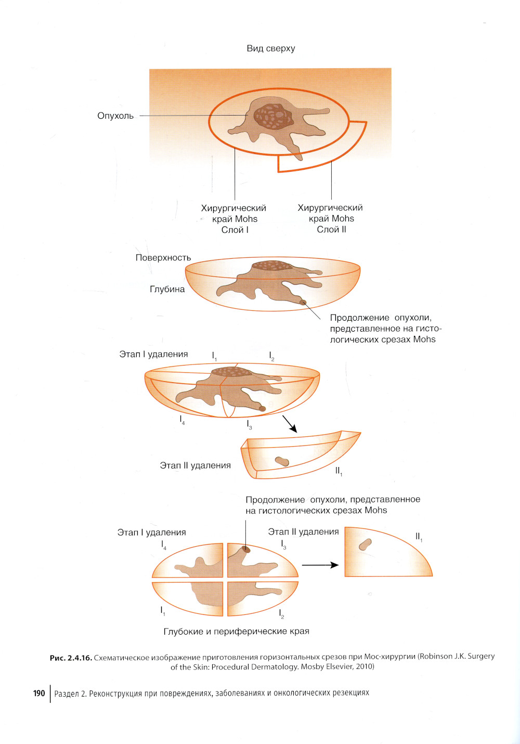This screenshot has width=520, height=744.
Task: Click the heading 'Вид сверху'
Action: (x=270, y=48)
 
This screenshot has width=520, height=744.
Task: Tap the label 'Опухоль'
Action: (x=115, y=116)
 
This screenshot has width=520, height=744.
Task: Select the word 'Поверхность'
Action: (x=163, y=258)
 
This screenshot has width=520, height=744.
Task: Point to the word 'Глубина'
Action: (x=167, y=289)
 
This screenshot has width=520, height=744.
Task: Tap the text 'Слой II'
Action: (x=331, y=230)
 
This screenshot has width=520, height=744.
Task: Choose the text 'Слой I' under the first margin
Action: (x=235, y=230)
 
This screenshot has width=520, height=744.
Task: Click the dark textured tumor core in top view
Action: (x=274, y=117)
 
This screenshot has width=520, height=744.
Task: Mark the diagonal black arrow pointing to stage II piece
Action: (x=290, y=424)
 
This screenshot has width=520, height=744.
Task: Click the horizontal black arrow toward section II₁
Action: (x=320, y=565)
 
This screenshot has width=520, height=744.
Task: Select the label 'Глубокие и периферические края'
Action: (x=236, y=632)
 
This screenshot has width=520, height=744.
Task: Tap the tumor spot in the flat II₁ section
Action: (x=365, y=545)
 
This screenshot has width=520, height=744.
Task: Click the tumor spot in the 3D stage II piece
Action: (x=282, y=461)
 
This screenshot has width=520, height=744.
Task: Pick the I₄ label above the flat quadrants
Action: (x=164, y=545)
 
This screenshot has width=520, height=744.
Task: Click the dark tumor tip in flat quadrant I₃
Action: (x=246, y=549)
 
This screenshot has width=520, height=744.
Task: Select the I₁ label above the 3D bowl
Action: (x=214, y=357)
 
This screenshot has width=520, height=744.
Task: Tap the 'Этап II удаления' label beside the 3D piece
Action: (x=196, y=465)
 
